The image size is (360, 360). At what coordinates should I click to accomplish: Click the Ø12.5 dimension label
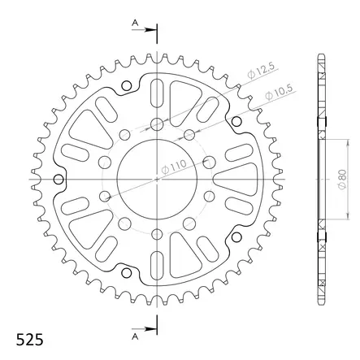point(261,71)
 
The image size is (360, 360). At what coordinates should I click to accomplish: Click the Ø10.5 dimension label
point(280,93)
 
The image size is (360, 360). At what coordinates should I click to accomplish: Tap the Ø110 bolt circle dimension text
point(174,167)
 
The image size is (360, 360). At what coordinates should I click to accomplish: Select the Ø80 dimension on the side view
point(343,180)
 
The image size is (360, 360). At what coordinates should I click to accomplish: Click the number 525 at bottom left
point(29,340)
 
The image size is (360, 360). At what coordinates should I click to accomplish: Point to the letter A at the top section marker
point(135,24)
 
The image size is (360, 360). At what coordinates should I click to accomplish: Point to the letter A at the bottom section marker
point(135,336)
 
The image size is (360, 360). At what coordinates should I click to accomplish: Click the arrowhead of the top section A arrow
point(151,30)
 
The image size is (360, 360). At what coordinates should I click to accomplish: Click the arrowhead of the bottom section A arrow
point(151,329)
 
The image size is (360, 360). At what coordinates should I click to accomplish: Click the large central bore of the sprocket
point(157,179)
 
